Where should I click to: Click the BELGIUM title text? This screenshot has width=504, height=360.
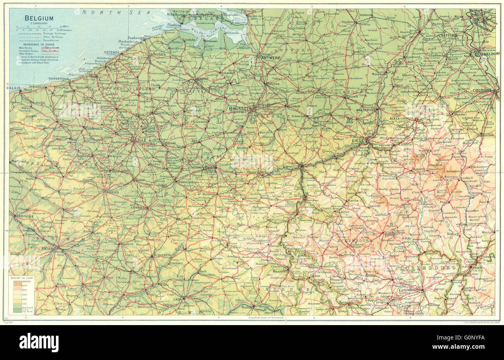40,18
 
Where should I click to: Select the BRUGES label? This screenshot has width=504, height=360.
158,54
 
